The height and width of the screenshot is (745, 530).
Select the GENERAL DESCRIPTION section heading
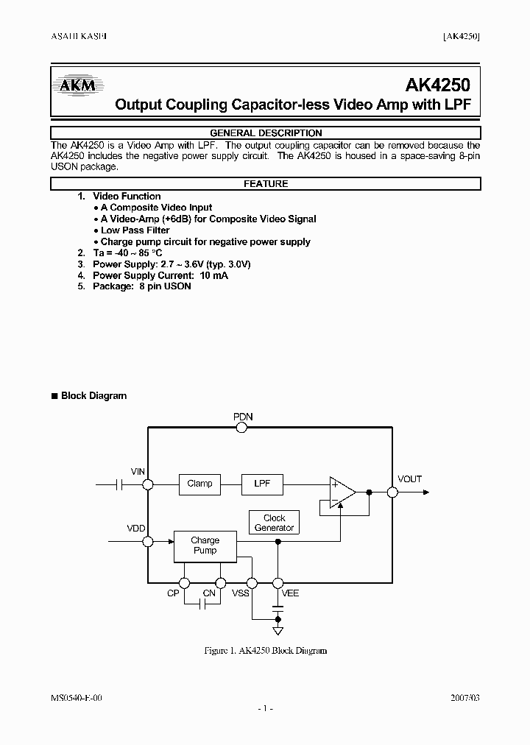click(266, 133)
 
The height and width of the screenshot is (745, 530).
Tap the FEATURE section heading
click(266, 184)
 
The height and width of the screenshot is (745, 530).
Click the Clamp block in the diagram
click(199, 484)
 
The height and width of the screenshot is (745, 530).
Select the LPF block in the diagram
click(262, 484)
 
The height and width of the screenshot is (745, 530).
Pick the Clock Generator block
click(274, 523)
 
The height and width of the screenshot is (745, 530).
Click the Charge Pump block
click(205, 545)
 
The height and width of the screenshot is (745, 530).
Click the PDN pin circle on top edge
click(242, 428)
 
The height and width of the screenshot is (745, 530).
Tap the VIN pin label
click(138, 471)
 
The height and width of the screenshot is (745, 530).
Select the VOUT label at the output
click(410, 479)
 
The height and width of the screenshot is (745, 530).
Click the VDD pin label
click(136, 528)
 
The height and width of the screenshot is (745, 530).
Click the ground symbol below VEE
click(278, 631)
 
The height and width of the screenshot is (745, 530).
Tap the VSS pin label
click(241, 593)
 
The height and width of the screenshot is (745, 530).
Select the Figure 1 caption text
click(265, 651)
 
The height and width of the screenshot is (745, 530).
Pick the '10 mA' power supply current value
click(213, 275)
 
